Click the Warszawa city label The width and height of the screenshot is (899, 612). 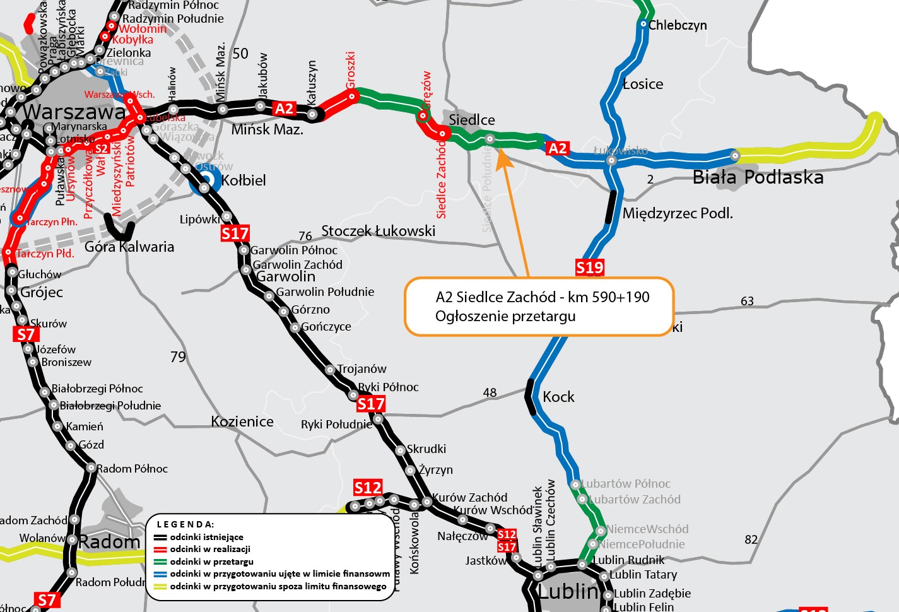coord(74,112)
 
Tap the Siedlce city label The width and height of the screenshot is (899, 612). coord(472,120)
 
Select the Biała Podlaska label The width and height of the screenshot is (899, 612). coord(758,177)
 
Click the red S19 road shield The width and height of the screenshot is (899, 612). coord(590,268)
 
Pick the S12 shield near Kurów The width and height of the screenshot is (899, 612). coord(368,488)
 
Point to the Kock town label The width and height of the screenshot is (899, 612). coord(558,397)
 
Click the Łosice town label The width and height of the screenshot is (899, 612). coord(643,85)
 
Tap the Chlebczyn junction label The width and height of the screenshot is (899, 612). coord(678,25)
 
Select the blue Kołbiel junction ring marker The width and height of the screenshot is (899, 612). coord(206,180)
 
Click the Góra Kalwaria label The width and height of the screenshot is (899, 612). coord(129,247)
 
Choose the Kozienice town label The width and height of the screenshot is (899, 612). coord(242,421)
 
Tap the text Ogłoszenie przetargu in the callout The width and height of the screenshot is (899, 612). coord(505,316)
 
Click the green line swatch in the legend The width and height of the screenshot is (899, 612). coord(160,562)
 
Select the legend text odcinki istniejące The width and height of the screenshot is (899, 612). coord(206,537)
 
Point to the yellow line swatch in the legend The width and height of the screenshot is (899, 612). coord(160,586)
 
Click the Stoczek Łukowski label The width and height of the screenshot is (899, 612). coord(379,231)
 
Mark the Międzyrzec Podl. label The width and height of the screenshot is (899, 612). coord(678,213)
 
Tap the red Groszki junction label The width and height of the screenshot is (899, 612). coord(351,69)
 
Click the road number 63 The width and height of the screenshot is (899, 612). coord(747,301)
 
